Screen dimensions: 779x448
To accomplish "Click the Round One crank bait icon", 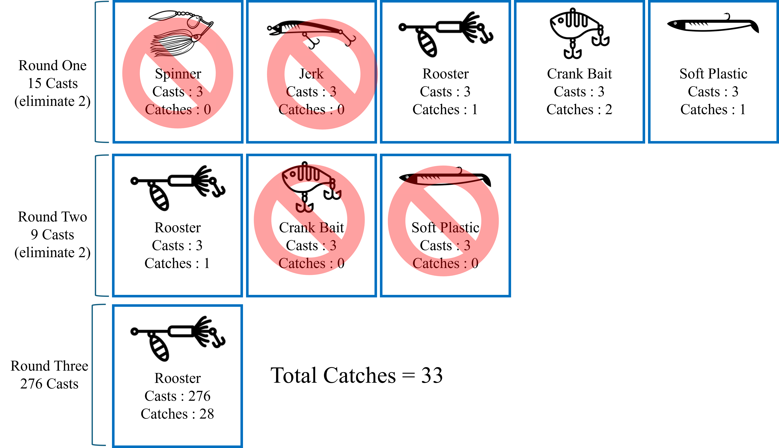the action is [x=580, y=33].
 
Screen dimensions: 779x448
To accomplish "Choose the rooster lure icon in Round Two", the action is [x=178, y=188].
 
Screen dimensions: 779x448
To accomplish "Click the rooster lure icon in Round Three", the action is [x=178, y=339].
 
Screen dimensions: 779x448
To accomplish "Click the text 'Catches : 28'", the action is [x=177, y=414].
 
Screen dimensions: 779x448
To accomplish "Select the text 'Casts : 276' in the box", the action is [x=177, y=396].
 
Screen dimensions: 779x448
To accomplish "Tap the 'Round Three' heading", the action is [x=49, y=366].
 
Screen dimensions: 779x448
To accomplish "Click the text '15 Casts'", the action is [x=53, y=83].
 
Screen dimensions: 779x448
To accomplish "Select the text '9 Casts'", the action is [x=52, y=234].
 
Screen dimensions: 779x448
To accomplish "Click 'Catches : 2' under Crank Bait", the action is [x=579, y=109].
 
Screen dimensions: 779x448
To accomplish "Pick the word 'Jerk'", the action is [x=311, y=74].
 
